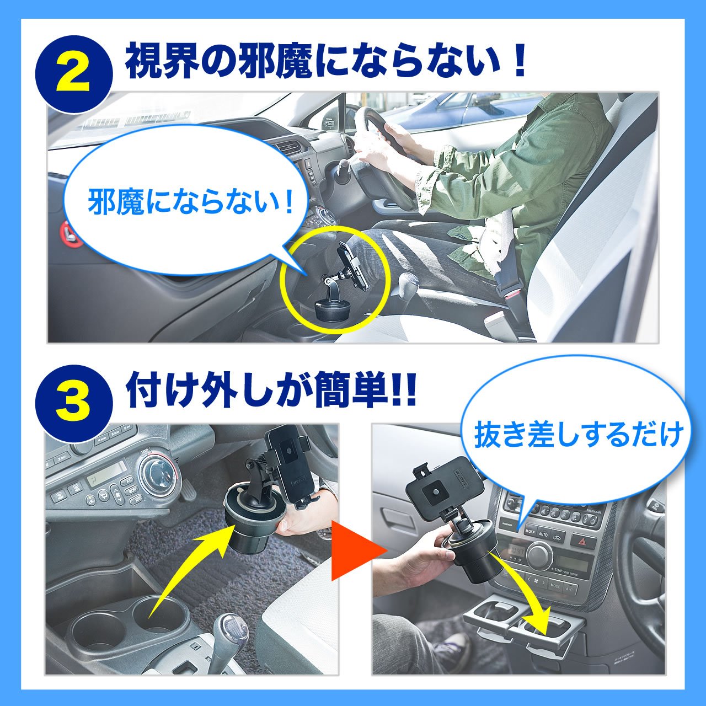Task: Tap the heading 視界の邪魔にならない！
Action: [326, 60]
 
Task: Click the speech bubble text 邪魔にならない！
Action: [191, 202]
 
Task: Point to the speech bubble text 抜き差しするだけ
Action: [579, 434]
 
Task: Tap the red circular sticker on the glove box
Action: [69, 232]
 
